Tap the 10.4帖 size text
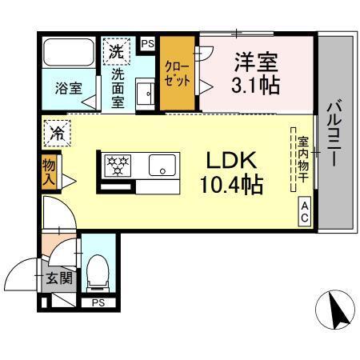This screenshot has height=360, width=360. (x=231, y=186)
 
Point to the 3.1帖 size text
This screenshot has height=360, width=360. (x=257, y=83)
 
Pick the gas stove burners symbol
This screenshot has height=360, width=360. (x=118, y=166)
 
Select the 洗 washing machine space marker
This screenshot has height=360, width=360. (x=115, y=52)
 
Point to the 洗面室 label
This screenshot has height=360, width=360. (x=118, y=89)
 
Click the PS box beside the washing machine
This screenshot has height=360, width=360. (x=147, y=42)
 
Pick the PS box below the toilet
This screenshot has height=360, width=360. (x=98, y=302)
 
